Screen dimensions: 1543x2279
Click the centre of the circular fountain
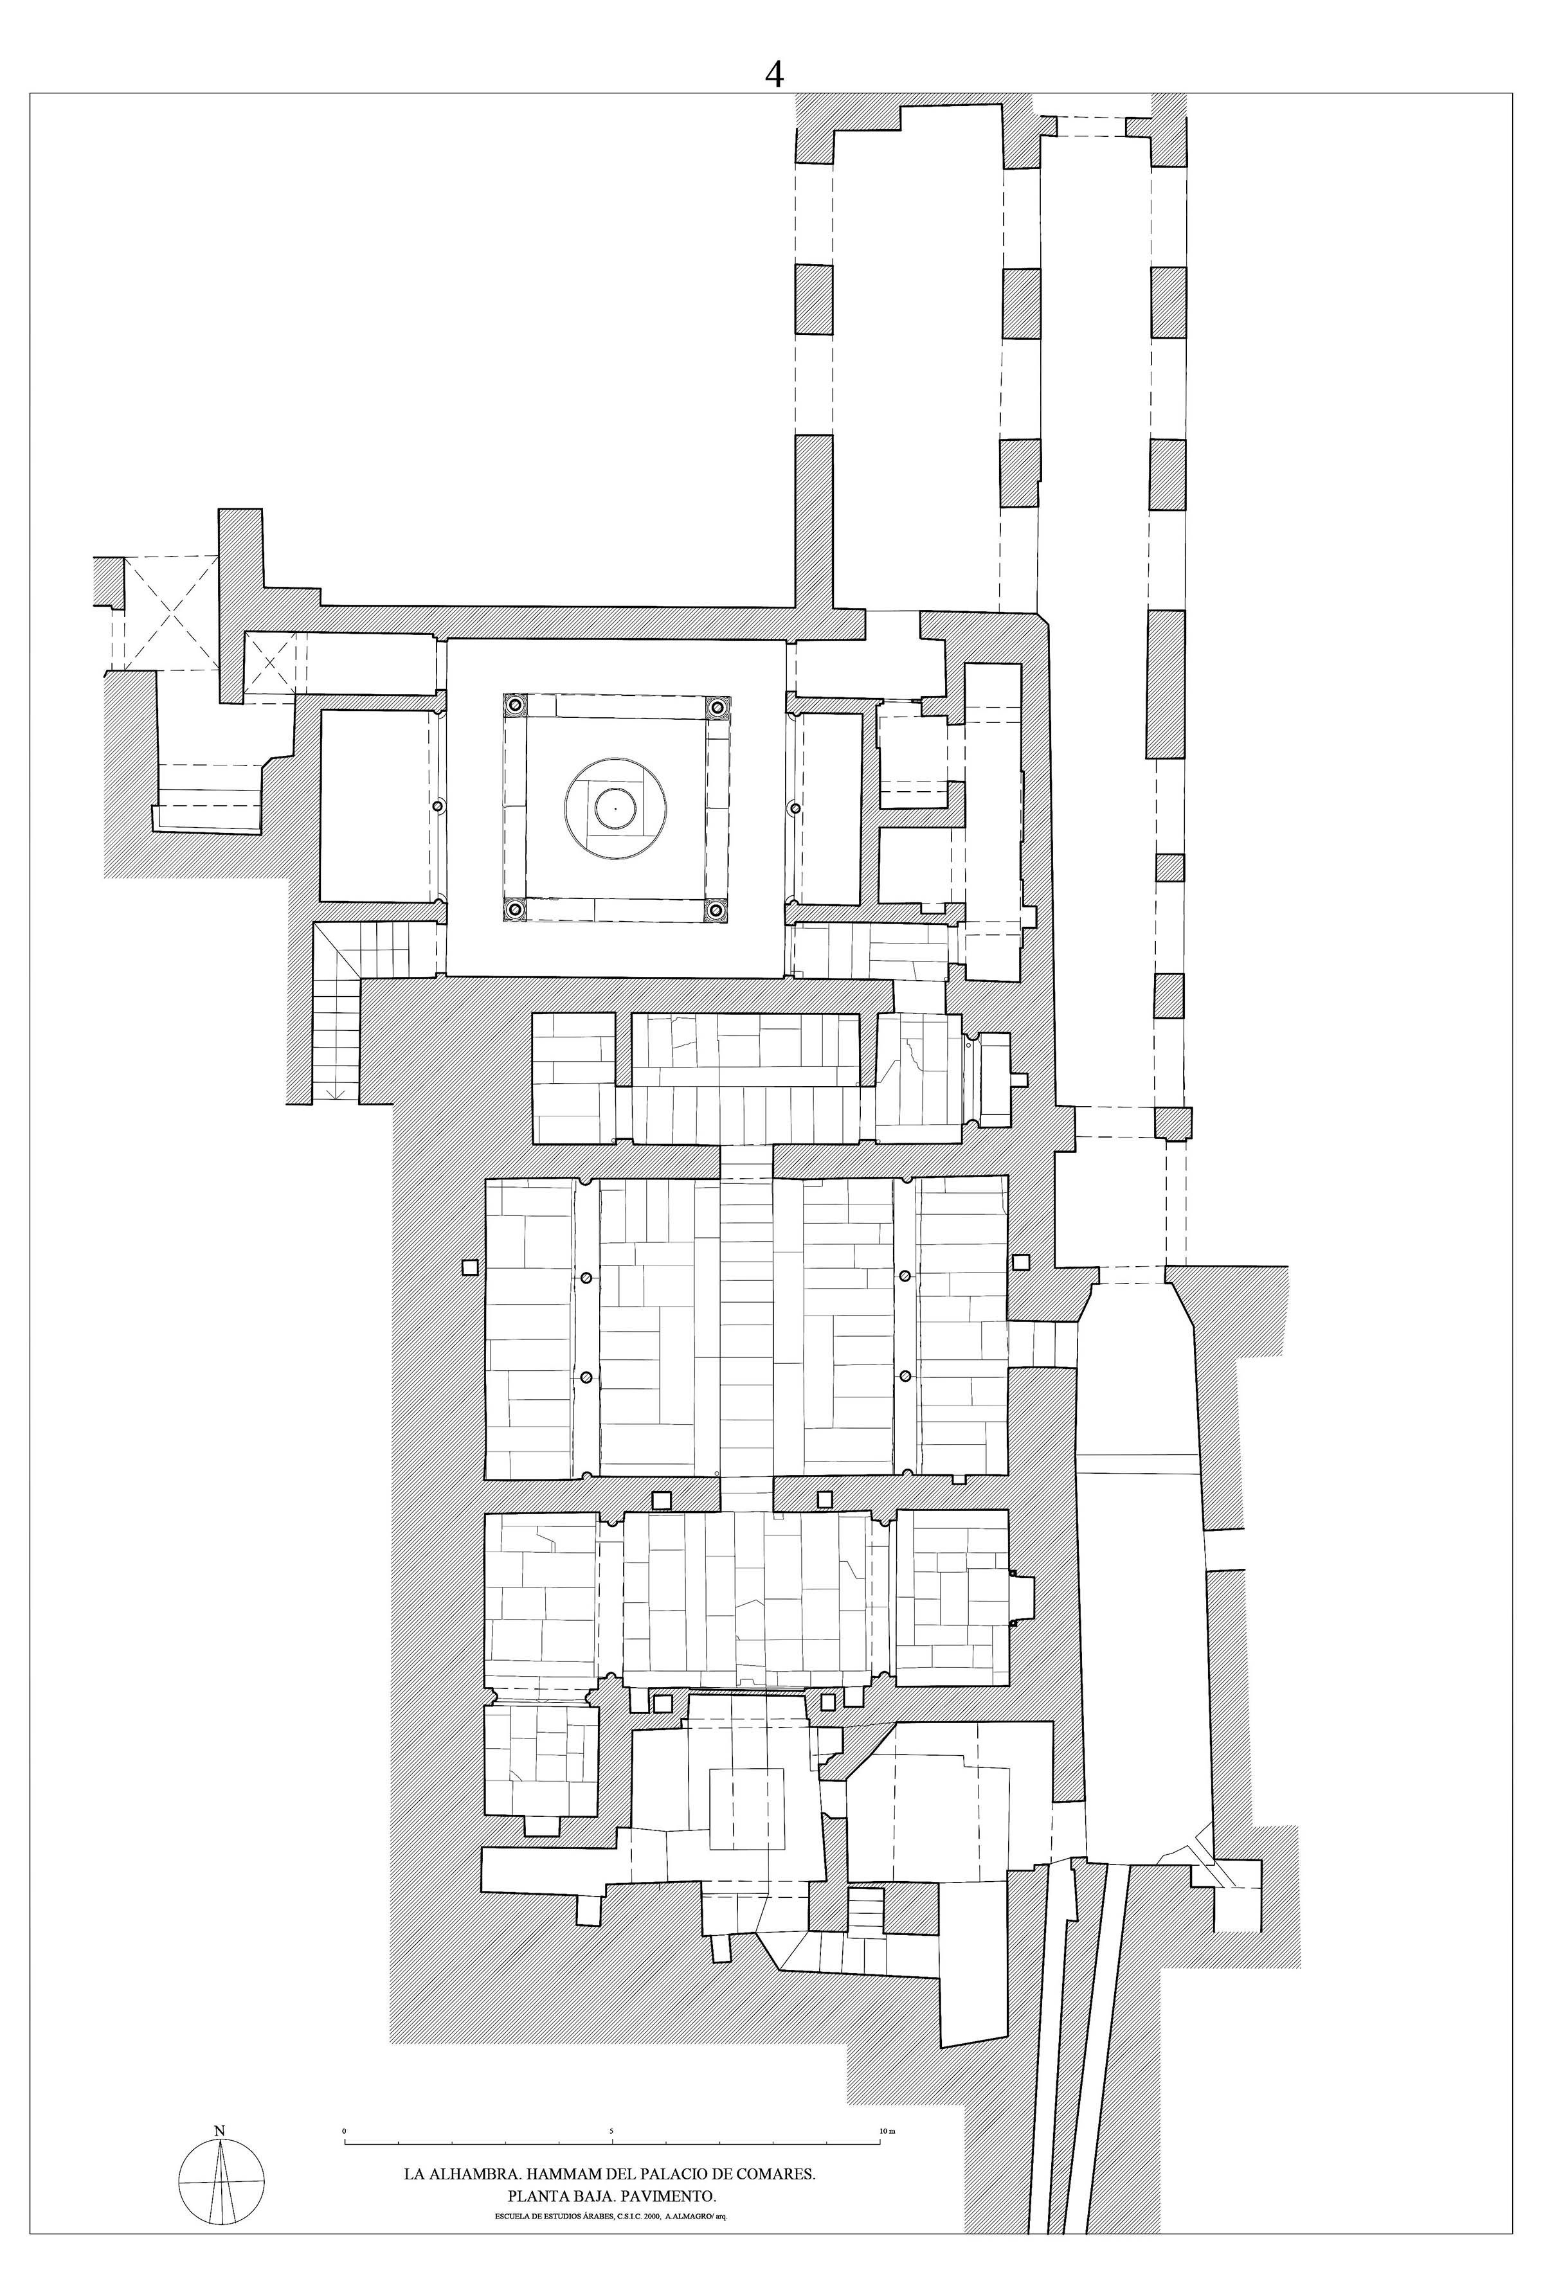click(x=615, y=808)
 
